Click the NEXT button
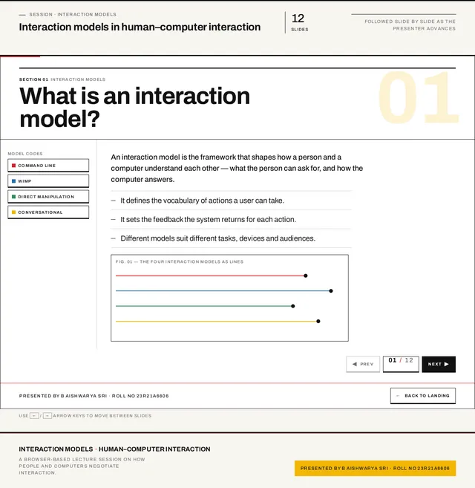coord(439,364)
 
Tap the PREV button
coord(363,364)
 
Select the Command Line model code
coord(48,166)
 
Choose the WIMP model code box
coord(48,181)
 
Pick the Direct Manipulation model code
coord(48,197)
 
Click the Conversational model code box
coord(48,212)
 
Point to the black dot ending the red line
coord(306,276)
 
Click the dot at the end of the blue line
coord(331,291)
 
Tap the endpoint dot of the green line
coord(292,306)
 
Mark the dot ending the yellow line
coord(318,321)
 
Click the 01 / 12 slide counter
coord(401,364)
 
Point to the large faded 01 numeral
coord(419,97)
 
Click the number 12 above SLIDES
coord(298,19)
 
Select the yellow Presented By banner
coord(375,469)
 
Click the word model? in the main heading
coord(59,119)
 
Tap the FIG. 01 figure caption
coord(180,261)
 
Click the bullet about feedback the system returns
coord(208,219)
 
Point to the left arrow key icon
coord(34,416)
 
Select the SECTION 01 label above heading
coord(33,79)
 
